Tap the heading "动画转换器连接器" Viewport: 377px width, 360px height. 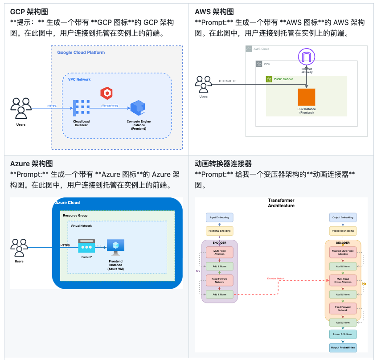click(x=223, y=164)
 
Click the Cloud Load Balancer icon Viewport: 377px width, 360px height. click(x=81, y=107)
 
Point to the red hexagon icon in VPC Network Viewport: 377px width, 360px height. click(x=106, y=93)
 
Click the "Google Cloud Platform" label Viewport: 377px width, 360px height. click(x=81, y=53)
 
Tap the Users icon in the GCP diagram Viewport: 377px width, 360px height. click(x=21, y=107)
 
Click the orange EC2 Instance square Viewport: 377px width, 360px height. click(x=306, y=97)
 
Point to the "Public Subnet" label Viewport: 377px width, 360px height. click(x=284, y=79)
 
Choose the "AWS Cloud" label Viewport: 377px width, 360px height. click(x=262, y=49)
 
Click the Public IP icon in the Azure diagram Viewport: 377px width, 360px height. click(x=86, y=246)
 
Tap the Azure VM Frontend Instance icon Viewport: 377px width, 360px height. click(x=115, y=246)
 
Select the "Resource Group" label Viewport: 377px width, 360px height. click(x=75, y=215)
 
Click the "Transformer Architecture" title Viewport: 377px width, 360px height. click(x=281, y=203)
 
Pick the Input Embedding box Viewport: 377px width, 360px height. click(x=219, y=217)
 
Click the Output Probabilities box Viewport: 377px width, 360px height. click(x=343, y=347)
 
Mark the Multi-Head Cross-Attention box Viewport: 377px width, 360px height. click(x=343, y=280)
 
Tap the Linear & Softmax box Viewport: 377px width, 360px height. click(x=343, y=334)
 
